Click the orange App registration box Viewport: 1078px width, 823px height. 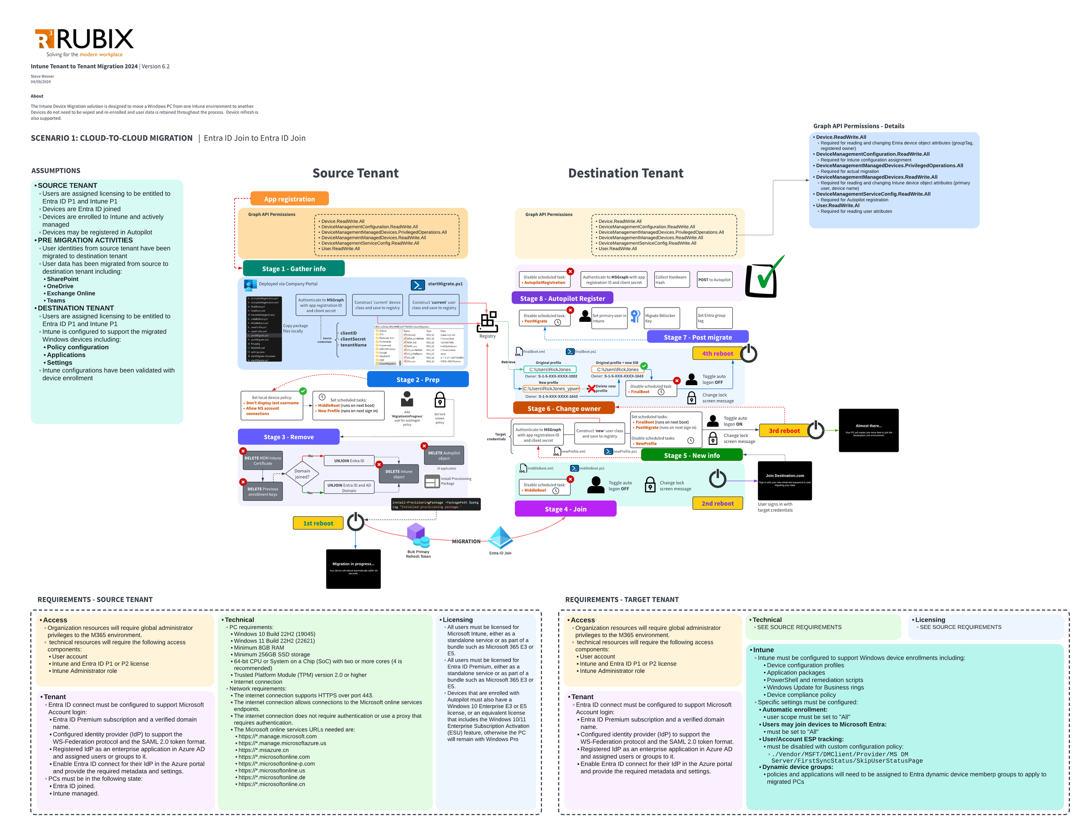click(x=289, y=199)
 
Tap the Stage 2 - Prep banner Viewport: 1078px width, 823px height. click(x=417, y=379)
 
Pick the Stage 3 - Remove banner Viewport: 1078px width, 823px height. click(x=288, y=437)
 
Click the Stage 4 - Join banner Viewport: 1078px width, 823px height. click(x=565, y=509)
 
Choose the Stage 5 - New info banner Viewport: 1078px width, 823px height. click(x=691, y=455)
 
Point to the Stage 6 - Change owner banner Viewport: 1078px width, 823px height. click(x=563, y=408)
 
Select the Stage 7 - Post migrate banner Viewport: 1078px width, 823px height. click(x=697, y=337)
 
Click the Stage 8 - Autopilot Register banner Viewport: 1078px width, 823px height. click(x=562, y=298)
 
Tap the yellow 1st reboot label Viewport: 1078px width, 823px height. click(x=318, y=523)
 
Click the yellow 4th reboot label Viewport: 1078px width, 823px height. click(x=717, y=353)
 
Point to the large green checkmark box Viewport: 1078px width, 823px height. click(x=762, y=278)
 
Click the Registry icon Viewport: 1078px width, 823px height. click(x=487, y=322)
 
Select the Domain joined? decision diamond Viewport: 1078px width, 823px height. click(x=302, y=474)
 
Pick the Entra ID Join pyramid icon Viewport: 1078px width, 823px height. click(x=500, y=538)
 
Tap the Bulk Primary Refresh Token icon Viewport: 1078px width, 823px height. click(x=417, y=535)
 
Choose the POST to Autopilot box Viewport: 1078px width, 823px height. click(x=714, y=280)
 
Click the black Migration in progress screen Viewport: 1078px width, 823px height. click(x=353, y=568)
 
